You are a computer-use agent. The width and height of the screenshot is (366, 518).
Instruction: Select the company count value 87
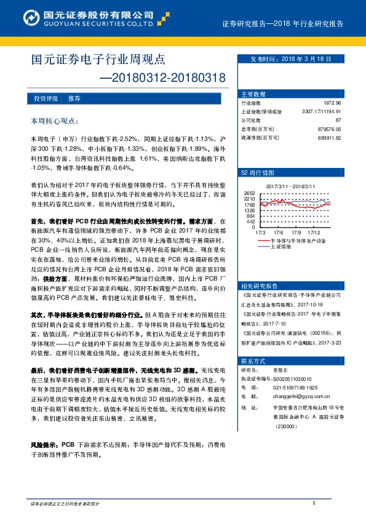coord(347,120)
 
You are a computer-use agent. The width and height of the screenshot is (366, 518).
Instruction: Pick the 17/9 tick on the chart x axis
coord(296,233)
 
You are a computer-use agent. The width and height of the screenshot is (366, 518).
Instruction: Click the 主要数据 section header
coord(253,94)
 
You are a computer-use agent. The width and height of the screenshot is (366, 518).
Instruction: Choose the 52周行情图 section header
coord(253,173)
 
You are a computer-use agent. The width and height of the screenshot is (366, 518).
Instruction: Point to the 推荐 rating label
coord(74,98)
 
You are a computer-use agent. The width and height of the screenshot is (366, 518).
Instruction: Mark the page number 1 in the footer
coord(314,504)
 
